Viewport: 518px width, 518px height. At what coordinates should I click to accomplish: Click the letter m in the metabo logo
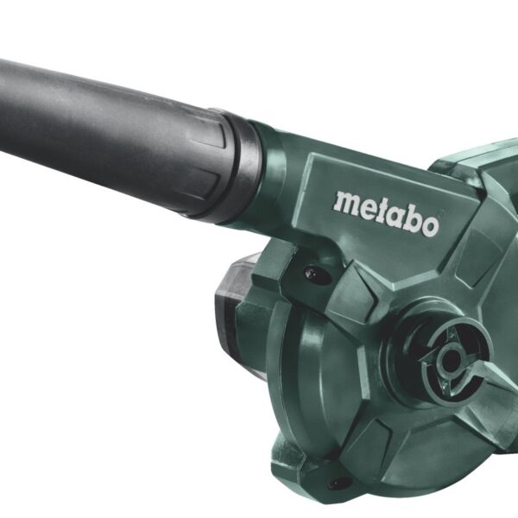(345, 203)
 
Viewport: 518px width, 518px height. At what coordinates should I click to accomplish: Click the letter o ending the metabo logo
(430, 226)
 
